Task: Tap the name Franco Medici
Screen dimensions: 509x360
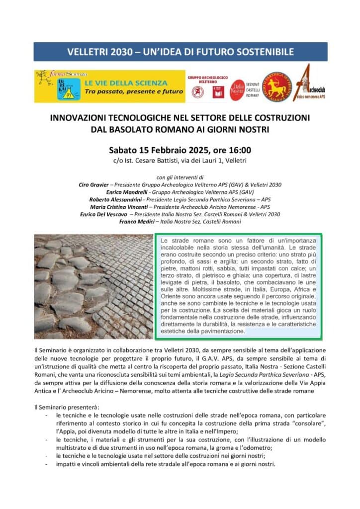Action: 136,222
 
